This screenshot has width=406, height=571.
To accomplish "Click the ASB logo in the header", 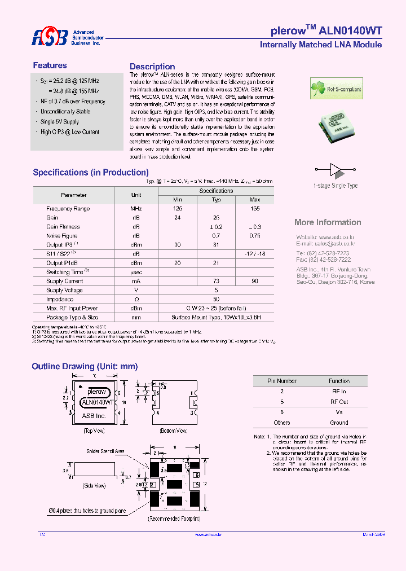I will point(50,38).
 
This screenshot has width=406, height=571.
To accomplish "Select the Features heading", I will point(50,65).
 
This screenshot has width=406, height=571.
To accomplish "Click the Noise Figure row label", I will point(61,236).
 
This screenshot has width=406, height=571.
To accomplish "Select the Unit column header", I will point(136,195).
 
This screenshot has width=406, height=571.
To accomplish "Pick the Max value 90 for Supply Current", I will point(254,281).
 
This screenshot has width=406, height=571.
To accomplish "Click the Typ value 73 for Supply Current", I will point(216,281).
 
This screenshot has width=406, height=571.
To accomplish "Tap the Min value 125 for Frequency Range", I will point(178,209).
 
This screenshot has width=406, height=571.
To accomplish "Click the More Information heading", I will point(328,222).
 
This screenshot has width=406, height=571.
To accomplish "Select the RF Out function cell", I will point(339,402).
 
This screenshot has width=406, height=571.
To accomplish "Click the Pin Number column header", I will point(282,381).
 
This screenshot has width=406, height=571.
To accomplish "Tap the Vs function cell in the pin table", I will point(339,412).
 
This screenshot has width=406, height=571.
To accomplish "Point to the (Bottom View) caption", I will point(174,431).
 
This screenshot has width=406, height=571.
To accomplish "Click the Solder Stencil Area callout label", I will point(105,451).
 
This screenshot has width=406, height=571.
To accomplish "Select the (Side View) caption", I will point(94,486).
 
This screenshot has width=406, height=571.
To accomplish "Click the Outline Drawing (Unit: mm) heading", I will point(85,367).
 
